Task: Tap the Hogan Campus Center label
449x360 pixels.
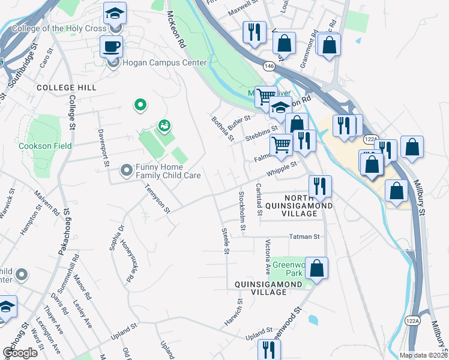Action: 164,62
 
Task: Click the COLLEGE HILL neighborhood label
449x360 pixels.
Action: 66,88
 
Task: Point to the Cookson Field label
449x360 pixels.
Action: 46,146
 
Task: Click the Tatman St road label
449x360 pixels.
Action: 305,237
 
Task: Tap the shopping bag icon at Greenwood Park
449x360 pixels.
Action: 317,268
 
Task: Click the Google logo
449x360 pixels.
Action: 20,352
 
